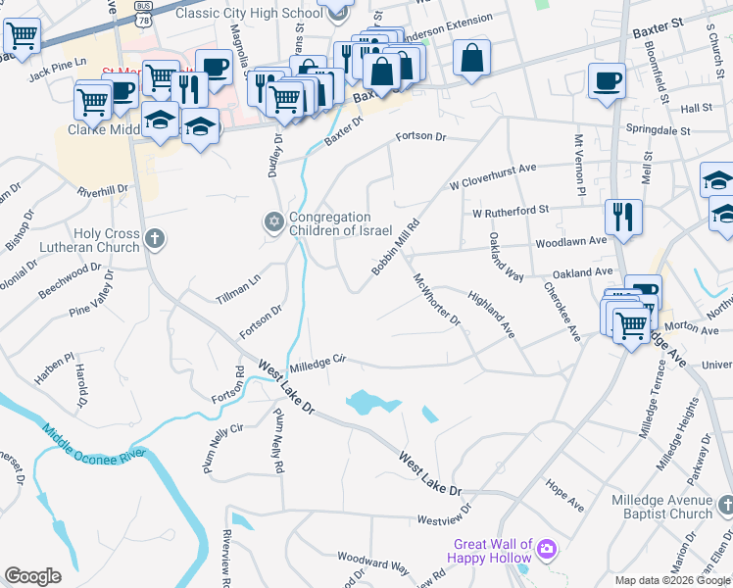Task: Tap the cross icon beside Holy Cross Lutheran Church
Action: (154, 238)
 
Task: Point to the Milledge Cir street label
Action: (318, 362)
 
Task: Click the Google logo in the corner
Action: (32, 576)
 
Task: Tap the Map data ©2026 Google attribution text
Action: (672, 580)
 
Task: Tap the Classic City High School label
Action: (248, 13)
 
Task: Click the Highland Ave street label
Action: (491, 314)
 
